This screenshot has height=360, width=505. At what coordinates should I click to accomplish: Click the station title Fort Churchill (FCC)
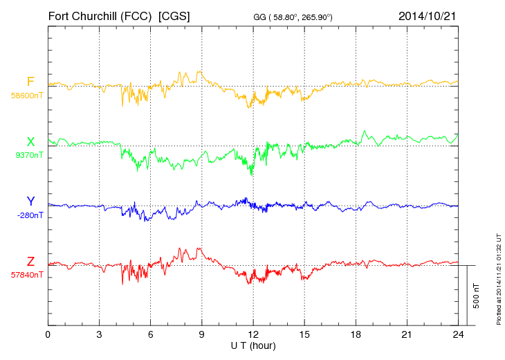pos(100,16)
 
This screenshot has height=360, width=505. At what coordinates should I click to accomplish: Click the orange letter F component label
pos(30,82)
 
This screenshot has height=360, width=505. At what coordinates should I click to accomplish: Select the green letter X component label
pos(30,142)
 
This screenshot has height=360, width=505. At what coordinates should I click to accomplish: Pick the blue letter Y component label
pos(30,201)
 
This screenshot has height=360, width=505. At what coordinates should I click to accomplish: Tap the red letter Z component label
pos(30,262)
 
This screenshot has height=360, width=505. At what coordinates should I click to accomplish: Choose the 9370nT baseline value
pos(28,155)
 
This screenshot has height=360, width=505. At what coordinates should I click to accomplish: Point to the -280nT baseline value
pos(30,215)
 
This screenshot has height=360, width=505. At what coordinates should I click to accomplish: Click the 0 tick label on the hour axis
pos(48,334)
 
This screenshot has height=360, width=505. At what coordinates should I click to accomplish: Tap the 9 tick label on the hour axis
pos(202,334)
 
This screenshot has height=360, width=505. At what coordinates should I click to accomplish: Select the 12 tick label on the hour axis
pos(253,334)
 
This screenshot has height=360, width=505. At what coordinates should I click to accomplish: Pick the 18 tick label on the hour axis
pos(356,334)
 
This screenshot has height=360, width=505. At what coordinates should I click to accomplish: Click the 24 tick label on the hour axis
pos(458,334)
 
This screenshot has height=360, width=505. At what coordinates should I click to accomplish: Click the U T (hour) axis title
pos(253,345)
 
